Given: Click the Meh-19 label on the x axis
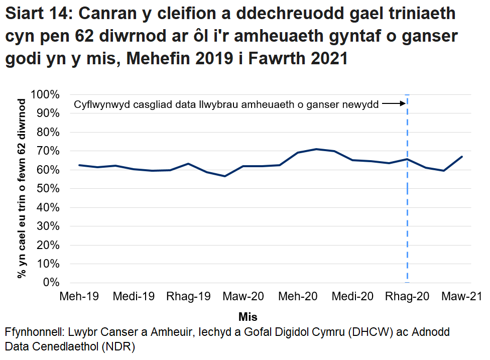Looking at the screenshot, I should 79,296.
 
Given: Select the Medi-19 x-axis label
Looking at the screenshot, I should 134,296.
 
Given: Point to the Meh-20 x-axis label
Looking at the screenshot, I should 298,296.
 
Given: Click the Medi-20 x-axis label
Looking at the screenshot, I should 352,296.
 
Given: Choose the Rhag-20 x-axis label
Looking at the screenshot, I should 407,296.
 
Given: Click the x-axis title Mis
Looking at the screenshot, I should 248,317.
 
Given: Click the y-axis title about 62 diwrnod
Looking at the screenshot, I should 22,189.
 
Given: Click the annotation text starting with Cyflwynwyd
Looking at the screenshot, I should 226,104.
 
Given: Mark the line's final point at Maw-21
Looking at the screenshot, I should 462,157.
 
